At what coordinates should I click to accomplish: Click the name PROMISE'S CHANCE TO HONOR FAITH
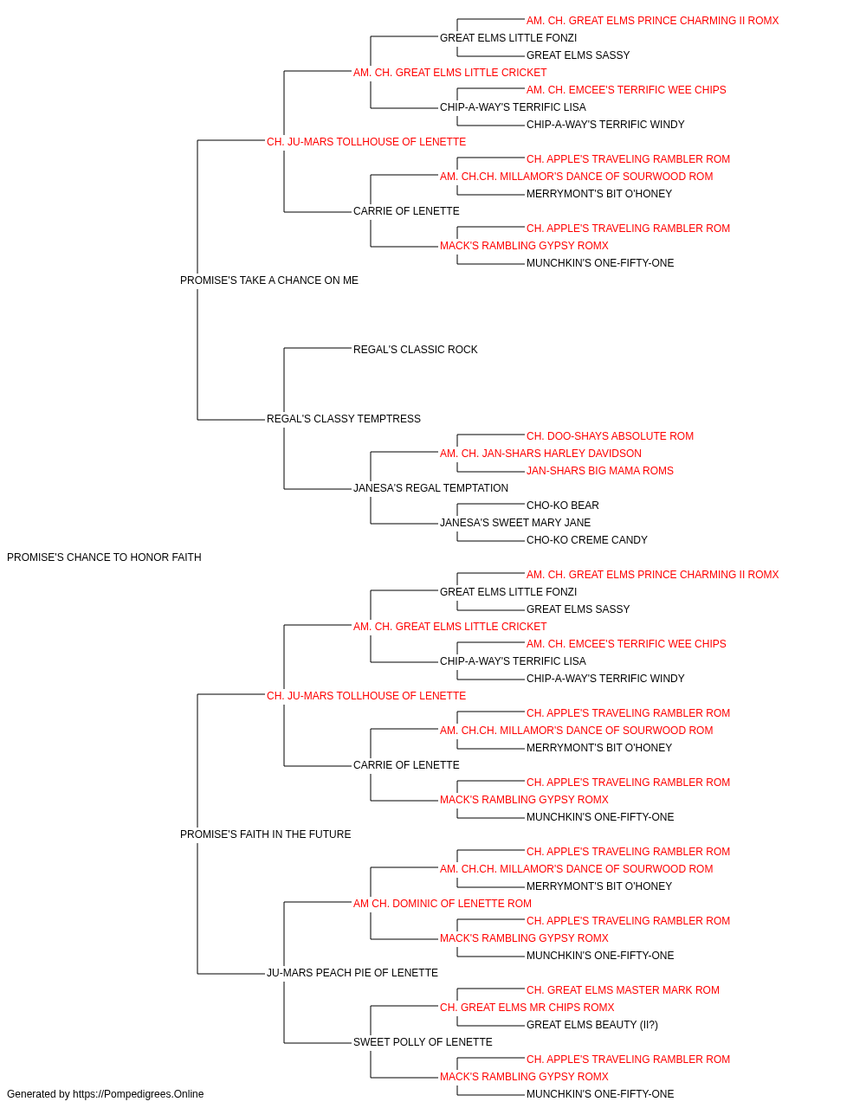tap(104, 557)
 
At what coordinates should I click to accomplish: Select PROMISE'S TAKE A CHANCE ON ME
tap(268, 280)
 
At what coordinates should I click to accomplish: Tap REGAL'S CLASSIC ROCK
tap(415, 350)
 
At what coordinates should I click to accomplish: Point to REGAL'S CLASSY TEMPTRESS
tap(343, 419)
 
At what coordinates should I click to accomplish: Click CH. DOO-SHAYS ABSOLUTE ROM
tap(610, 436)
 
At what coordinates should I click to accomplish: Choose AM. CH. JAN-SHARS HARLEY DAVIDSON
tap(540, 454)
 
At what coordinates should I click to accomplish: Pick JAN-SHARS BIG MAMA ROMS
tap(599, 471)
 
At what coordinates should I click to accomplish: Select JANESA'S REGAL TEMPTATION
tap(430, 488)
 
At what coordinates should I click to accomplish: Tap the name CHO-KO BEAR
tap(562, 506)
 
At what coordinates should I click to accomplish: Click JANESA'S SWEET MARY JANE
tap(515, 523)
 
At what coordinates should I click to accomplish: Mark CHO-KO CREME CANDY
tap(586, 540)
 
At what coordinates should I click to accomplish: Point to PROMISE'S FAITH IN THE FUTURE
tap(265, 834)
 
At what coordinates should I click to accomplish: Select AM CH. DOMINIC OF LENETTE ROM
tap(443, 904)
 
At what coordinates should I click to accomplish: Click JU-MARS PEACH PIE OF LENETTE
tap(352, 973)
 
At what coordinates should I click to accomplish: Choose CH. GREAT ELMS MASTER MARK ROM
tap(622, 991)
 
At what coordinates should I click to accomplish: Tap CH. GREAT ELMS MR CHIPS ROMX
tap(527, 1008)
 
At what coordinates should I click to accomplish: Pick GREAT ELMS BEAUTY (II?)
tap(591, 1026)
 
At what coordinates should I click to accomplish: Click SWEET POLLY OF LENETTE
tap(423, 1043)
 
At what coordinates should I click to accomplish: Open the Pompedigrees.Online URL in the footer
tap(138, 1095)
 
